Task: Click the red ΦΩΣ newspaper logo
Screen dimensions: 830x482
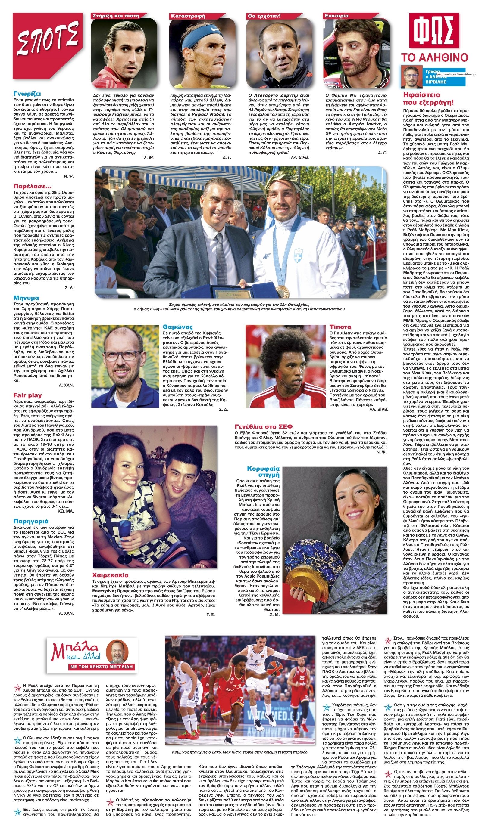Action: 433,31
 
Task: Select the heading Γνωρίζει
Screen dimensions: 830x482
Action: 27,94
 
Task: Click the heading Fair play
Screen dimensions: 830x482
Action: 27,395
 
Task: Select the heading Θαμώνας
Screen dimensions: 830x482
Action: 178,327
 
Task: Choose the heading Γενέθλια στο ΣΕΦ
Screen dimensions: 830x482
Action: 264,426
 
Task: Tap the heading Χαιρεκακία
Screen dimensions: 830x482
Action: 111,575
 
